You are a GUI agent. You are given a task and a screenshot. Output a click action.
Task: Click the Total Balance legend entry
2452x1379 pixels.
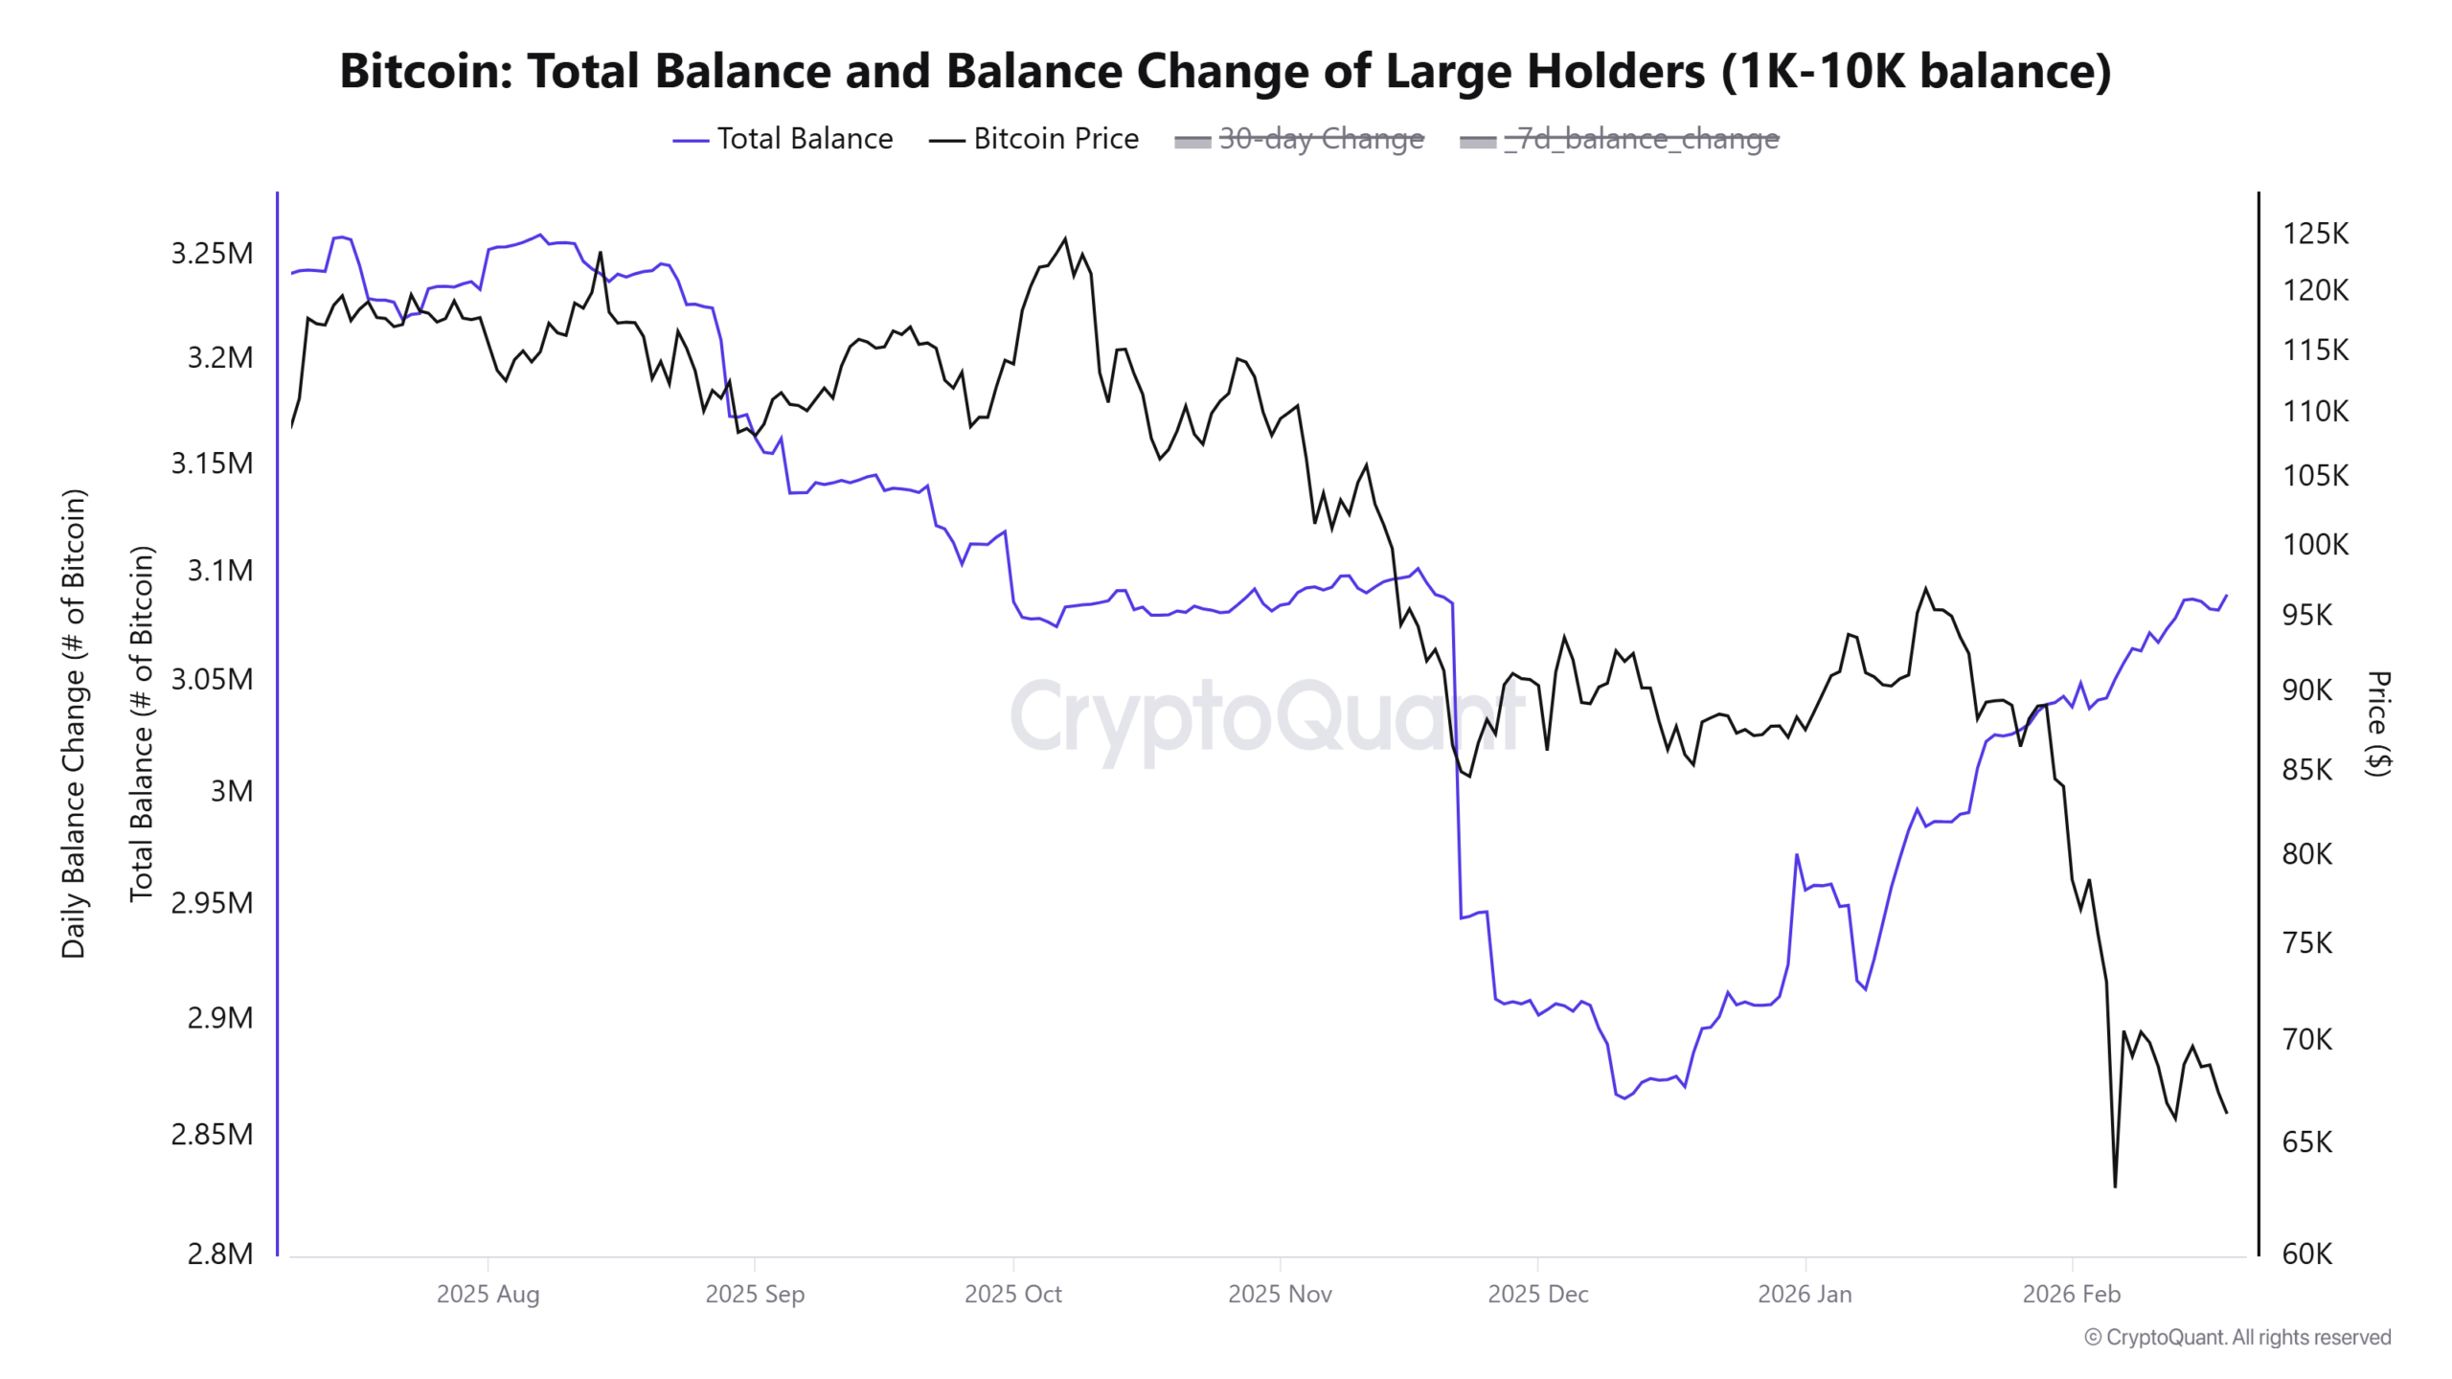(x=783, y=139)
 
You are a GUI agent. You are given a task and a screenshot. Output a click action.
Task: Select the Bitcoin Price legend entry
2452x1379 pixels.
(x=1033, y=139)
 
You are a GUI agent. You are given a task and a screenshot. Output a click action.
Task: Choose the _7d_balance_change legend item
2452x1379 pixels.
(x=1619, y=139)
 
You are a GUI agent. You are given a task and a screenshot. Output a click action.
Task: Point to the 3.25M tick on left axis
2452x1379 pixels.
(x=212, y=254)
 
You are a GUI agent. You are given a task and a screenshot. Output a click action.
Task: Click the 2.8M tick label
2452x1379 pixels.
(x=219, y=1254)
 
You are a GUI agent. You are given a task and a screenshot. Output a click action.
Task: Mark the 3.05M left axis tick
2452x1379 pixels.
(x=212, y=679)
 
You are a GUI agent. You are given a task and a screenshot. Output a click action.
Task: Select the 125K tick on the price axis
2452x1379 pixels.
(x=2315, y=234)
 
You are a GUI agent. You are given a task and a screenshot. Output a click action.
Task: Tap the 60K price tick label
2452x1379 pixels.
(x=2306, y=1254)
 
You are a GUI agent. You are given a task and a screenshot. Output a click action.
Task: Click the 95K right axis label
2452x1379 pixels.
(x=2306, y=615)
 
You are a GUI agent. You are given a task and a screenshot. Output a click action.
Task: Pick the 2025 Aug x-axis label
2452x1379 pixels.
(x=488, y=1294)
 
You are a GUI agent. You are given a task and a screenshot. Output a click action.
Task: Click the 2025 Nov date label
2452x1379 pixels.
(x=1280, y=1294)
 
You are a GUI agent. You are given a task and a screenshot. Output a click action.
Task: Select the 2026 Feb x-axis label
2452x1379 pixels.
(x=2071, y=1294)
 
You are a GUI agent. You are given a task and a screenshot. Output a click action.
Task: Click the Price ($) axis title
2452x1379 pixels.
(x=2378, y=723)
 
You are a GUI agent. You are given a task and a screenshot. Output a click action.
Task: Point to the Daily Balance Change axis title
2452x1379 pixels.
(x=74, y=723)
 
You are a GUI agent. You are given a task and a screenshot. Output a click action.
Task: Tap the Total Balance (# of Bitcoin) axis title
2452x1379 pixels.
(x=142, y=723)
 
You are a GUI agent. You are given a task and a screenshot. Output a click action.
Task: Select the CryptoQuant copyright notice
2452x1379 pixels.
(x=2236, y=1337)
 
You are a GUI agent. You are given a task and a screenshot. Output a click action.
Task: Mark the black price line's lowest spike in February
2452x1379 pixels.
(x=2115, y=1186)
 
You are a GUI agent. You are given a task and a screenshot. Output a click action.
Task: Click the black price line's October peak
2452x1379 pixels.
(x=1065, y=239)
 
